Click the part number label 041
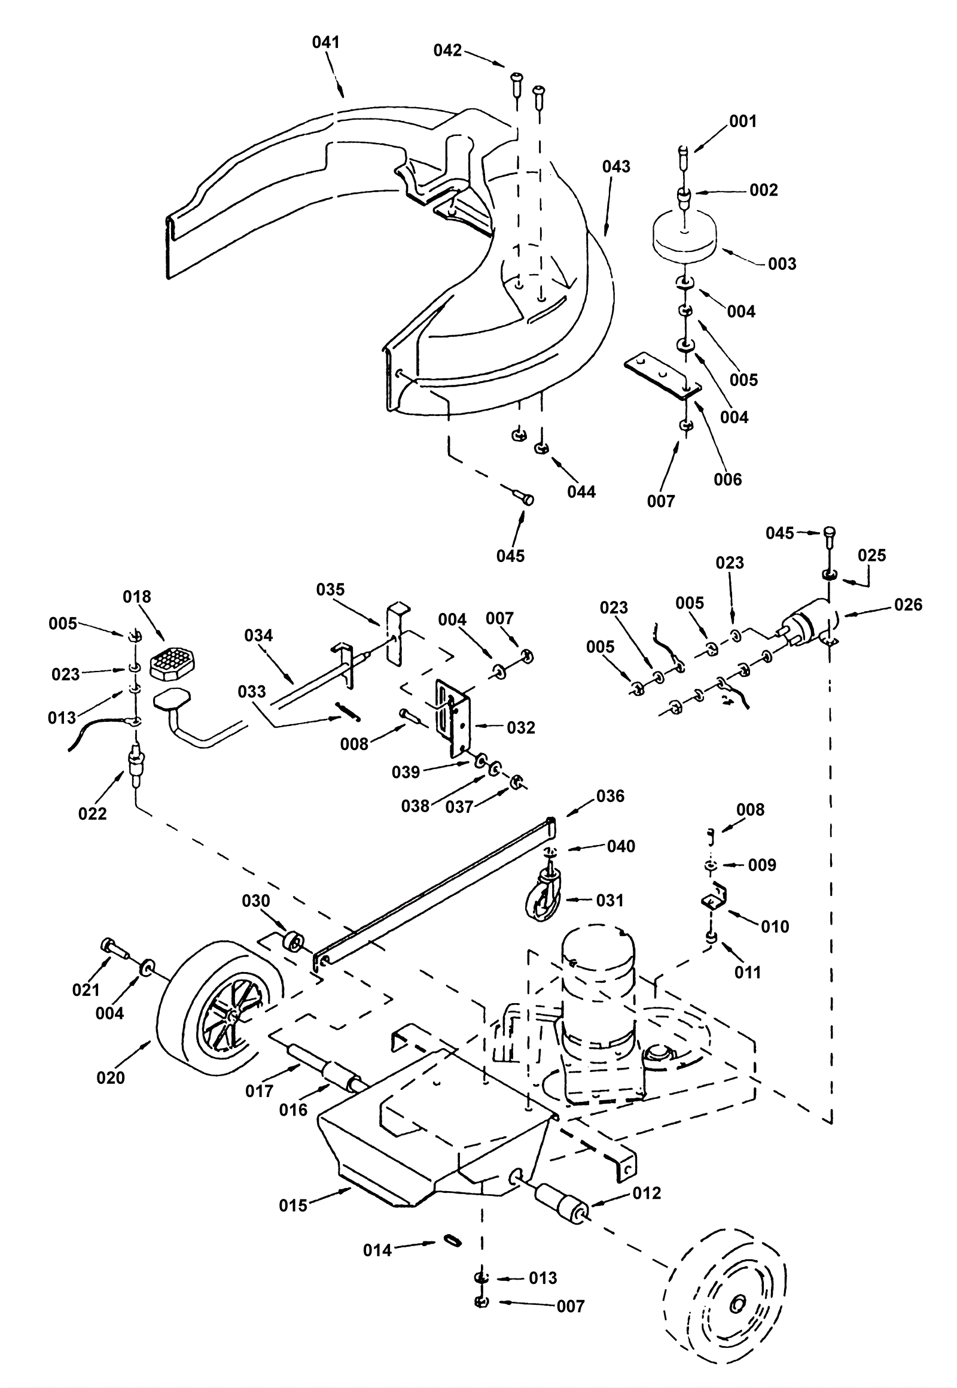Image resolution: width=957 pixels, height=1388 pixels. coord(326,42)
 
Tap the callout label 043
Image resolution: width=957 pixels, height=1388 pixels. coord(617,166)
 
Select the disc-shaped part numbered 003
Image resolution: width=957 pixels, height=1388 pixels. coord(684,237)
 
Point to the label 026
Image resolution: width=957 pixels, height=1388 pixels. coord(908,605)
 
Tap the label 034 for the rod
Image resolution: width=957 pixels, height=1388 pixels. coord(258,636)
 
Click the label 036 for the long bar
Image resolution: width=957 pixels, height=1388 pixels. coord(610,796)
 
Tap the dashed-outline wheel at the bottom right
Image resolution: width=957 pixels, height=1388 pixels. coord(725,1298)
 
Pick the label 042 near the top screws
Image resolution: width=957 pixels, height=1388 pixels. coord(448,51)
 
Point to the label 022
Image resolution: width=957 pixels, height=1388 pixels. coord(92,814)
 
